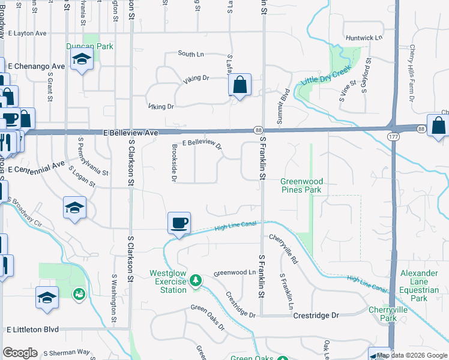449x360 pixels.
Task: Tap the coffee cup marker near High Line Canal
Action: pos(179,223)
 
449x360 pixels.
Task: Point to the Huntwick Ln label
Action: pos(364,38)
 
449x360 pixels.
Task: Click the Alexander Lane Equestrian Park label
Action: pos(423,286)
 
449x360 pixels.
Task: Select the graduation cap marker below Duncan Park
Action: pos(81,59)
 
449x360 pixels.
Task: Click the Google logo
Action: pos(20,353)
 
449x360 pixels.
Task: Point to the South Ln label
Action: pos(190,54)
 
